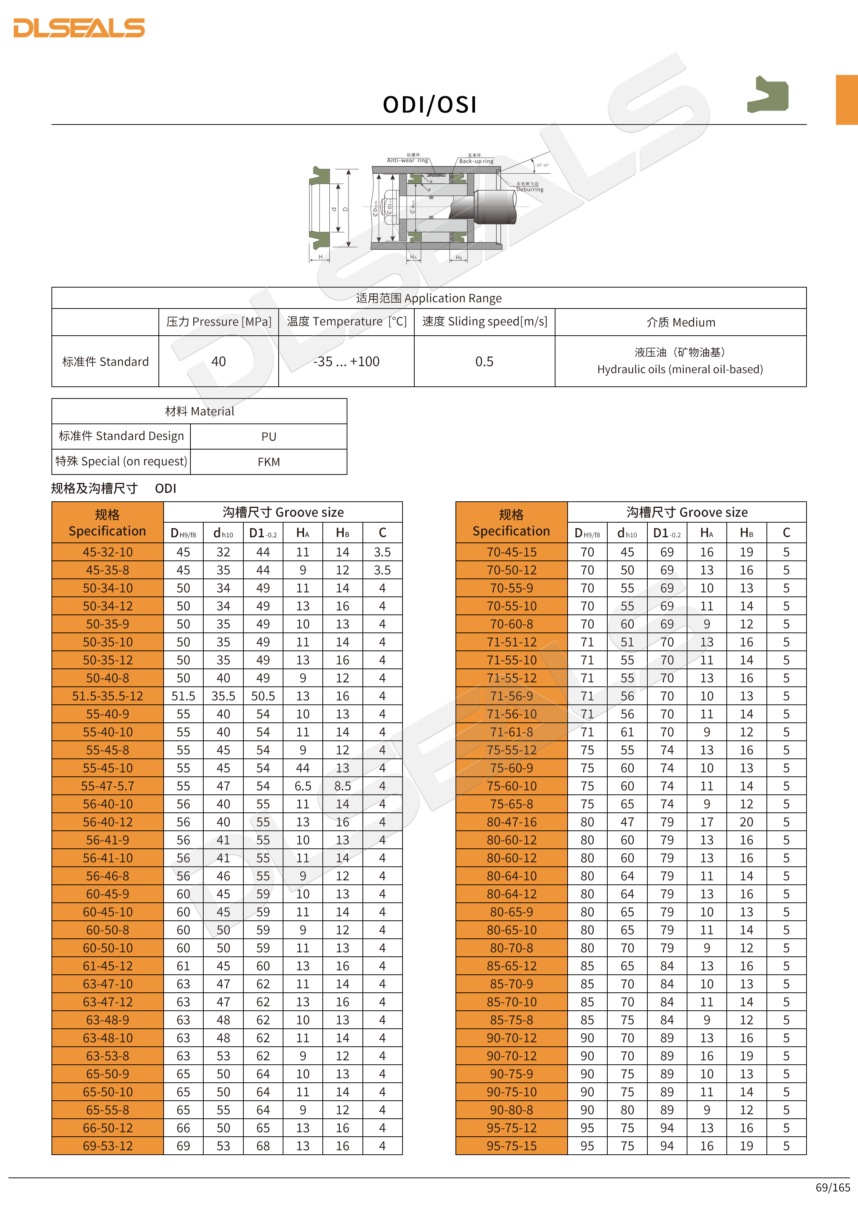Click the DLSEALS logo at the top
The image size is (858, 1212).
[79, 28]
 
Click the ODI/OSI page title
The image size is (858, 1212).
[429, 105]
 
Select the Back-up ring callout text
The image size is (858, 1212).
[476, 161]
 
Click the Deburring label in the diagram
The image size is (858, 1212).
[529, 190]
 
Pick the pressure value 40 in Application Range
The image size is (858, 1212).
[218, 362]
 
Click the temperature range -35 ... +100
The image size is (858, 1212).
[346, 362]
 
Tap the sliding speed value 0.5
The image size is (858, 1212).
[484, 362]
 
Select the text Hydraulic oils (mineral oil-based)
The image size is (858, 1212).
[680, 369]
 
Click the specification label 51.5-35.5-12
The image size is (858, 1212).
[108, 696]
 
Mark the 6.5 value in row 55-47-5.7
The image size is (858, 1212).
[303, 786]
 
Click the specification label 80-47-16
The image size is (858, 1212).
[511, 822]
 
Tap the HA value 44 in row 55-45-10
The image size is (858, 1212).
[303, 768]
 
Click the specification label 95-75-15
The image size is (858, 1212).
[511, 1146]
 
